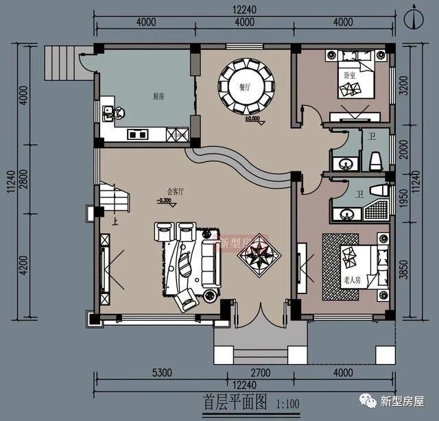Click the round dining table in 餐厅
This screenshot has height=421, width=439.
(245, 86)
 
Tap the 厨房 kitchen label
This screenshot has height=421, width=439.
(158, 96)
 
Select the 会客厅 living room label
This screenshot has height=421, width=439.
(176, 192)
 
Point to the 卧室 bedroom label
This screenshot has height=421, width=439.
(349, 75)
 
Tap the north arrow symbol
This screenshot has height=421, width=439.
(412, 19)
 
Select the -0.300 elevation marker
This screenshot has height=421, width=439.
(164, 201)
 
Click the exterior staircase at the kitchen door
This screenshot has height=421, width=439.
(59, 62)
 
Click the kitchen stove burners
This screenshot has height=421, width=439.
(137, 134)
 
